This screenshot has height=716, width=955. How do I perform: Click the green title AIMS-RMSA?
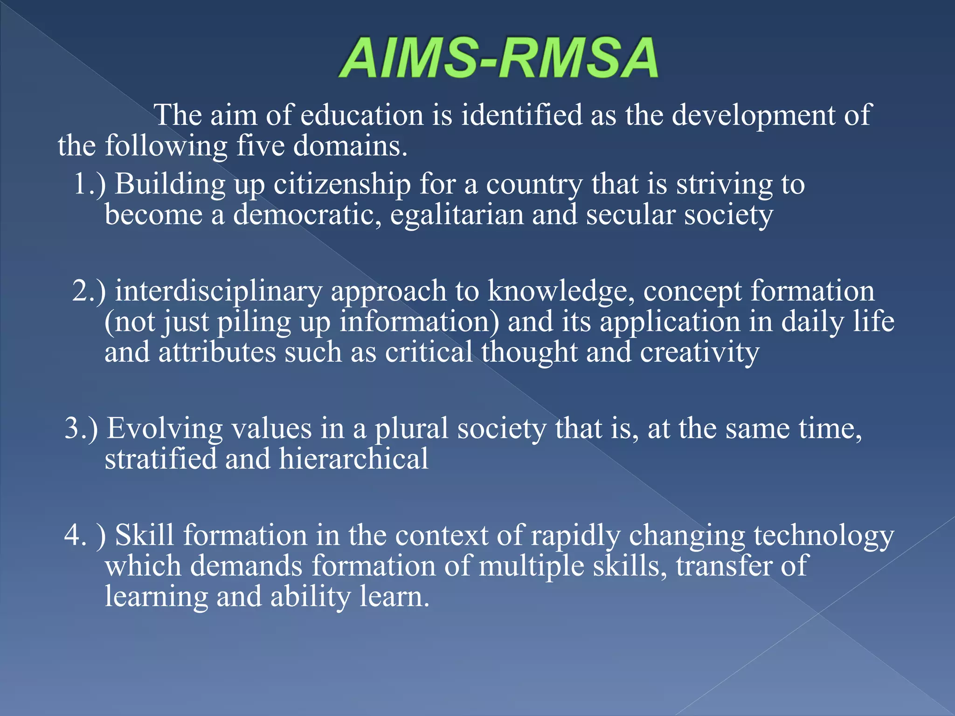(498, 58)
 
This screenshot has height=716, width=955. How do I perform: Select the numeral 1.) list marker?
(89, 184)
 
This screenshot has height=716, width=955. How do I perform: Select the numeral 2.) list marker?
(89, 291)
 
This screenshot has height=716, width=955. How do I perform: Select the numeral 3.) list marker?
(81, 428)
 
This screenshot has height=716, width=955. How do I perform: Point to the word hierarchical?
(353, 459)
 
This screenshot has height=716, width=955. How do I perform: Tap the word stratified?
(160, 459)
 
